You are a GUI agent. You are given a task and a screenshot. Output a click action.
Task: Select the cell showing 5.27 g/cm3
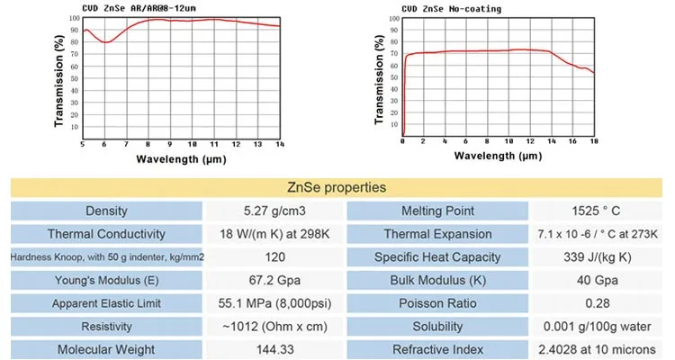[275, 211]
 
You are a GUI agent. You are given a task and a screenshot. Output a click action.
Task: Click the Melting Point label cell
[437, 211]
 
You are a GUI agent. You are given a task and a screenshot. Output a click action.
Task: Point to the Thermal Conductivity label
[107, 234]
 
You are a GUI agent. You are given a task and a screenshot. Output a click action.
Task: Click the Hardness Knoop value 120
[275, 257]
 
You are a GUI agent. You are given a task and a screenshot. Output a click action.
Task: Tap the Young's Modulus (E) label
[107, 280]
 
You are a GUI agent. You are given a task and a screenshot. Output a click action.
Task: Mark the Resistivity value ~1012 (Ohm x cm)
[275, 327]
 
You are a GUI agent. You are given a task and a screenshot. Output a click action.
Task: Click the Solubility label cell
[437, 327]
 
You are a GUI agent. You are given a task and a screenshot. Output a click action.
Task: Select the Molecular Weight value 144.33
[275, 349]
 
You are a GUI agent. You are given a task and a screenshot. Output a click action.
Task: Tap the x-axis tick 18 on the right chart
[593, 141]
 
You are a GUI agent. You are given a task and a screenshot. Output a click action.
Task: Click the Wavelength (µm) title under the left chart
[181, 159]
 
